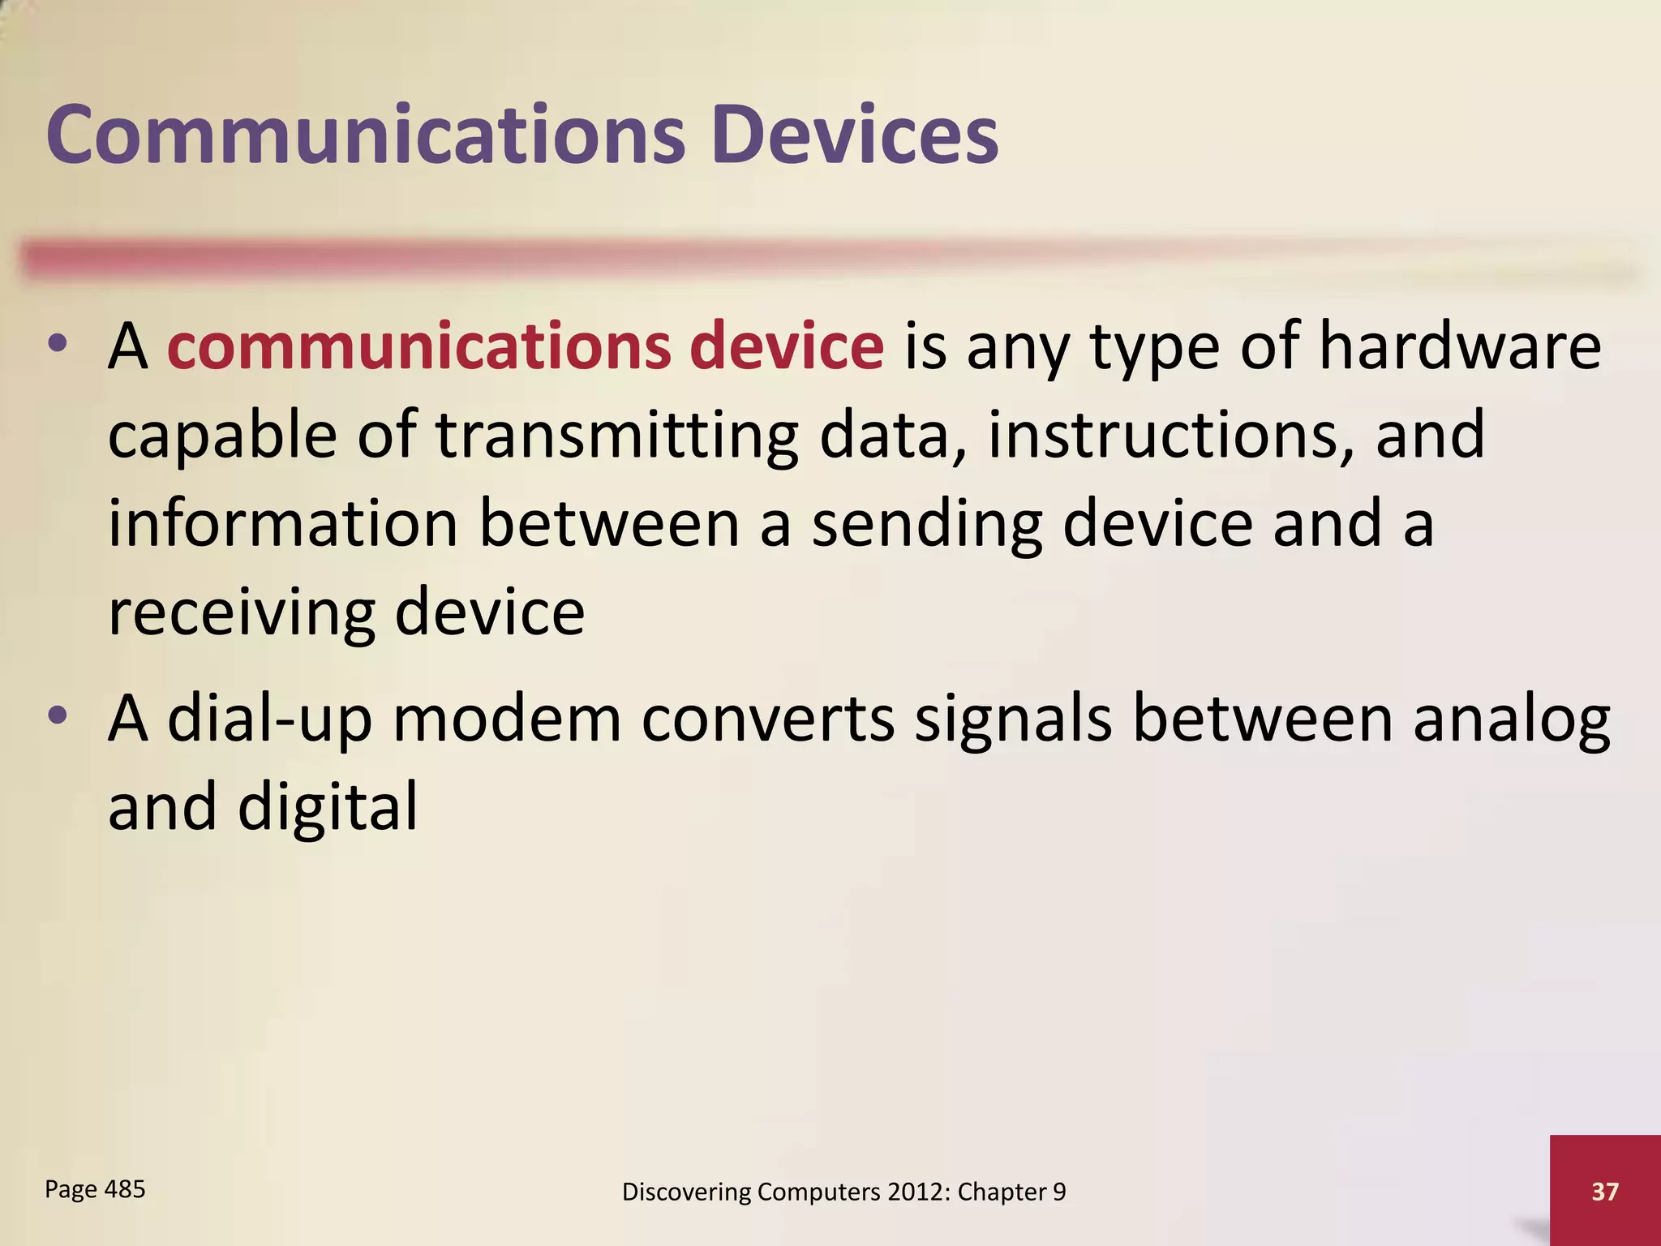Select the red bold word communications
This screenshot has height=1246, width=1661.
418,347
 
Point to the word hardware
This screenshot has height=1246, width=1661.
1460,347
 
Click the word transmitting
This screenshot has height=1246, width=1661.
617,436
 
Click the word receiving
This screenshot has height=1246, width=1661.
242,613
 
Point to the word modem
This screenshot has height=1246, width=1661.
507,719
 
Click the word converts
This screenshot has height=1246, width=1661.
767,719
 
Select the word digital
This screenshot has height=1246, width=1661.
328,808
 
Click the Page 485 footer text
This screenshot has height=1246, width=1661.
95,1190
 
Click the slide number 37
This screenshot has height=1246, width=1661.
1605,1191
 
